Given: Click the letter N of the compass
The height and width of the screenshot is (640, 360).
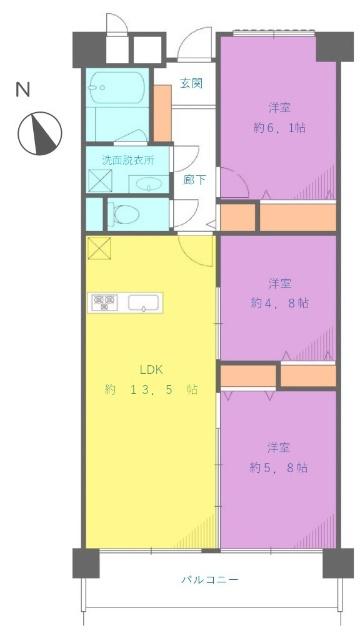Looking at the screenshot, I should tap(22, 90).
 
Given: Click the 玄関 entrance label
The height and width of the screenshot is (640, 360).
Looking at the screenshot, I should tap(192, 83).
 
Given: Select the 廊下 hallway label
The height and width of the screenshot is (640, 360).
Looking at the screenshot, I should tap(194, 179).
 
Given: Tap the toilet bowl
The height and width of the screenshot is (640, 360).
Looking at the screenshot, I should tap(125, 213).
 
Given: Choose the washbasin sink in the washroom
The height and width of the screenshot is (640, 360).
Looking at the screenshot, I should tap(148, 183).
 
